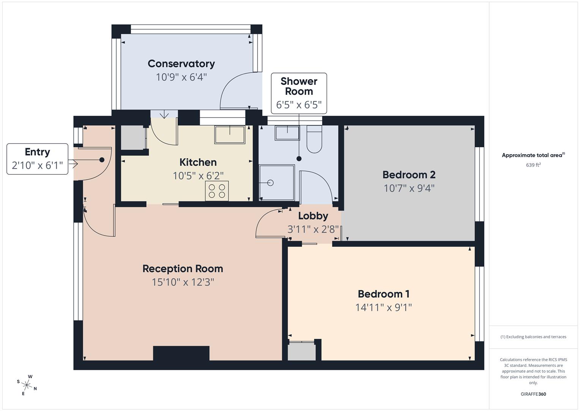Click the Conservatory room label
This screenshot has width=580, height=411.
tap(181, 64)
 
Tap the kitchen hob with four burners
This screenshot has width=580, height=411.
tap(217, 191)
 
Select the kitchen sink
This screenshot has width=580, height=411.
tap(229, 135)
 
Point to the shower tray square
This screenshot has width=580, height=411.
tap(277, 183)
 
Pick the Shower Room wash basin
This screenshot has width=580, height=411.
tap(287, 133)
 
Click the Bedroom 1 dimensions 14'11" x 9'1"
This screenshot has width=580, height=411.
tap(383, 307)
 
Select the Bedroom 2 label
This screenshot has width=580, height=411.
tap(409, 175)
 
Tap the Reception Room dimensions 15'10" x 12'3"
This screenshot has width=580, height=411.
tap(183, 282)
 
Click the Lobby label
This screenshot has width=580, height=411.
tap(313, 216)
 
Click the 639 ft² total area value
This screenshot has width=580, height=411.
tap(533, 165)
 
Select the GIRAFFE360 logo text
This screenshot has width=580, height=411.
tap(533, 394)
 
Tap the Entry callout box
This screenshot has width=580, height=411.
tap(37, 159)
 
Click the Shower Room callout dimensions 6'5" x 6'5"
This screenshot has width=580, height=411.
tap(299, 105)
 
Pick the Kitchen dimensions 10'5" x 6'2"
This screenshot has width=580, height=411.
tap(198, 175)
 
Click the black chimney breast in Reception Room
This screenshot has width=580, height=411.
tap(181, 353)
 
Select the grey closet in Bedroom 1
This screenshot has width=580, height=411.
tap(302, 352)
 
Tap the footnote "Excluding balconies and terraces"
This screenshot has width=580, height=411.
tap(533, 337)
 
